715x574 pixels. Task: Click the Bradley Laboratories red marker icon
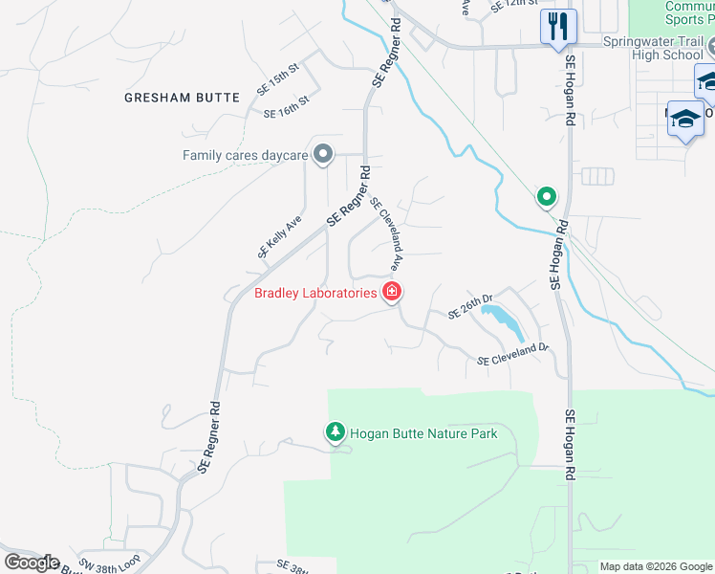(392, 292)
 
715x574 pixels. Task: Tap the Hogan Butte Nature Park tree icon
(335, 433)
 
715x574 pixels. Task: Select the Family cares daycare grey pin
(323, 154)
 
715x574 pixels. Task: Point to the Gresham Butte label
(168, 98)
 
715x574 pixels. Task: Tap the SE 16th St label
(287, 107)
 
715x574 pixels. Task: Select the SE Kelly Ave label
(279, 236)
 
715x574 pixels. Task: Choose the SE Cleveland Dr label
(514, 354)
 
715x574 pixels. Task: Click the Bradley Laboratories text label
(315, 294)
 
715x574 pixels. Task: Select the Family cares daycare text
(246, 155)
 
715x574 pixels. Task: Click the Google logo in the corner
(32, 563)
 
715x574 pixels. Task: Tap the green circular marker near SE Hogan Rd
(546, 197)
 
